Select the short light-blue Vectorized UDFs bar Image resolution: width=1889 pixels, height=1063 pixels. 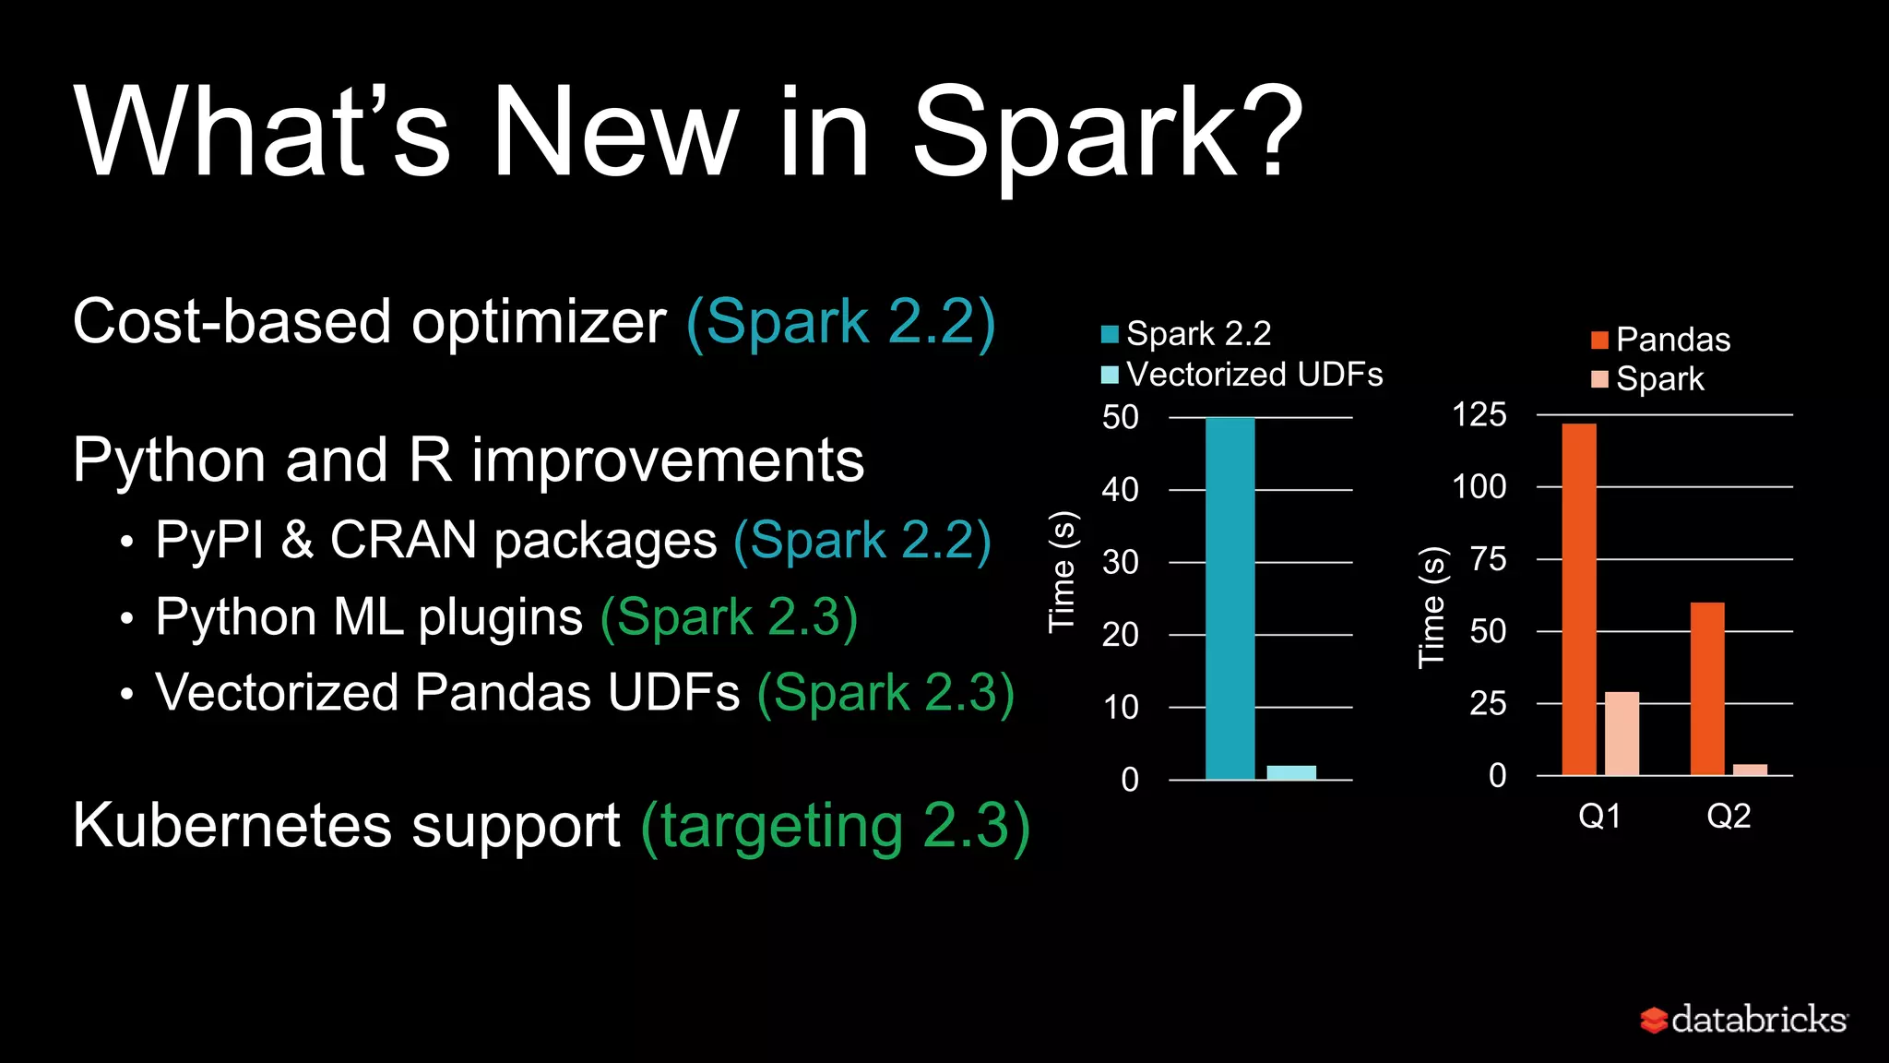click(x=1291, y=772)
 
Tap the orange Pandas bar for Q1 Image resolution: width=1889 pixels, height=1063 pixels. click(x=1579, y=599)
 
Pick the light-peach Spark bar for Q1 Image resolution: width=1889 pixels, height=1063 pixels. click(x=1622, y=734)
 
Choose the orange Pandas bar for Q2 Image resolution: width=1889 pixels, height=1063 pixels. click(x=1707, y=688)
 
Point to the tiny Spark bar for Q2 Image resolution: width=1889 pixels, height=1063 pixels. click(x=1750, y=770)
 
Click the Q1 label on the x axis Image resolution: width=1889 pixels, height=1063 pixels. click(x=1599, y=816)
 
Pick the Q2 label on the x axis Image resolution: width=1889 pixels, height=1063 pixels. click(x=1729, y=816)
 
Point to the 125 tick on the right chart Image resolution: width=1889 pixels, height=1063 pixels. click(x=1479, y=414)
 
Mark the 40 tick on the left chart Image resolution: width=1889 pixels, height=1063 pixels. click(x=1121, y=490)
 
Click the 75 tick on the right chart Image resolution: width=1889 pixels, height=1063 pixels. click(x=1488, y=559)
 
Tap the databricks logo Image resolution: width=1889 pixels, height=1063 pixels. click(x=1743, y=1020)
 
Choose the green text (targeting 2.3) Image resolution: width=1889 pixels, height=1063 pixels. click(x=835, y=826)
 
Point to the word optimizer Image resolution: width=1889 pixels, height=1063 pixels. click(x=539, y=322)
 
